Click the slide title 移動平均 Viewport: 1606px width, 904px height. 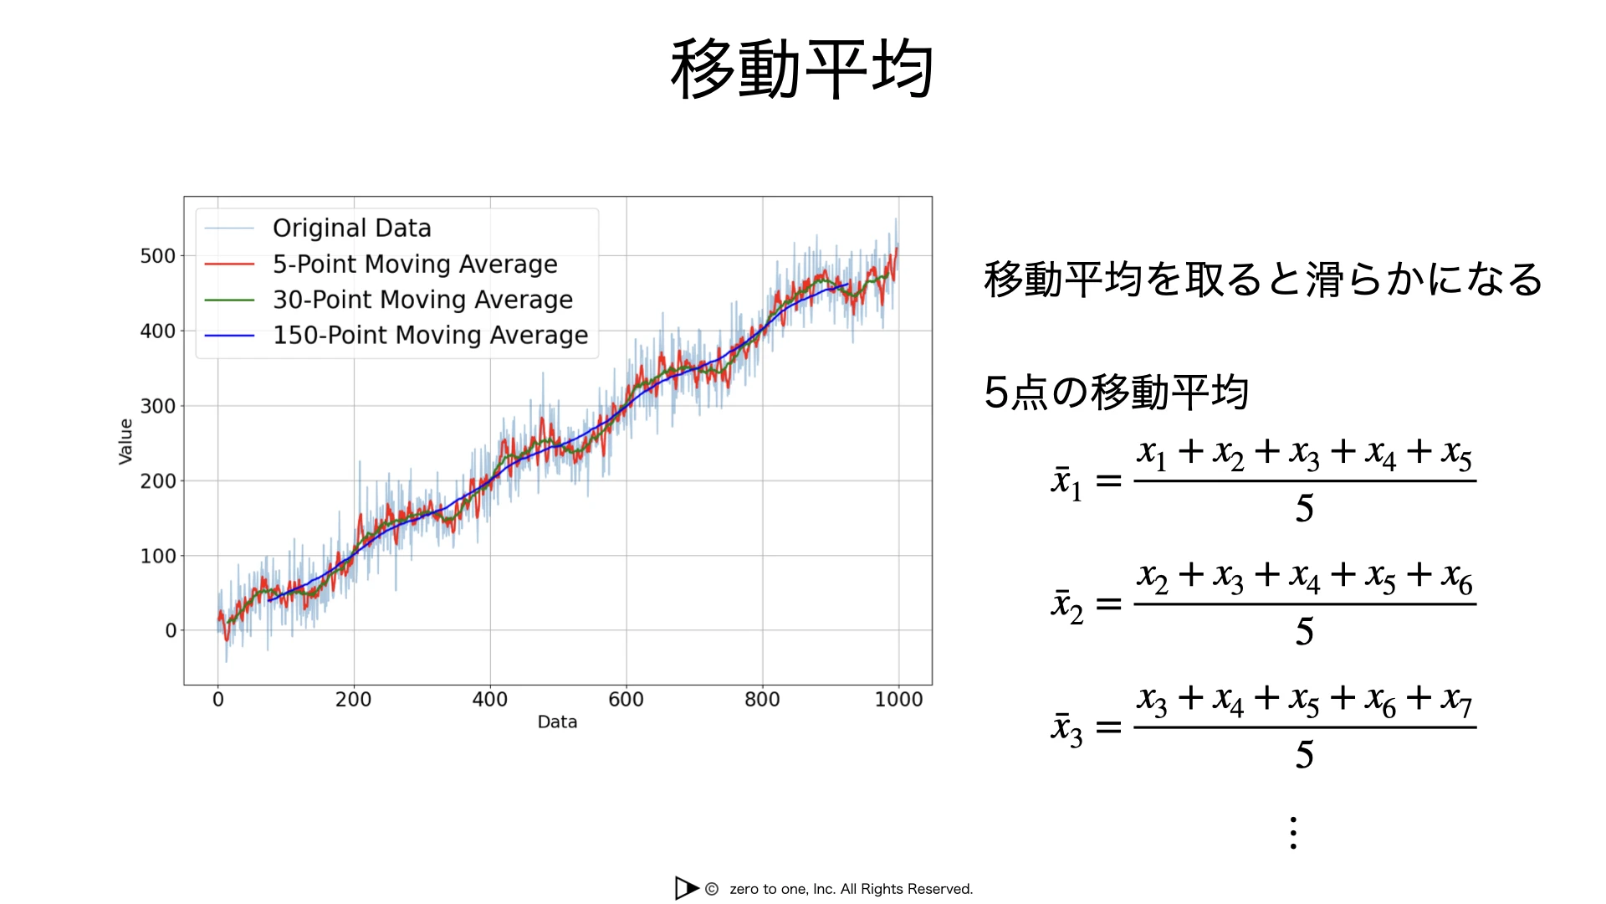pyautogui.click(x=801, y=69)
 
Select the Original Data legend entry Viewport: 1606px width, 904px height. pyautogui.click(x=351, y=228)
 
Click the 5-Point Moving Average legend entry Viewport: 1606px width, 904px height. pyautogui.click(x=415, y=264)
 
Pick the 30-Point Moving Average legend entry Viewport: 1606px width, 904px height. pyautogui.click(x=422, y=300)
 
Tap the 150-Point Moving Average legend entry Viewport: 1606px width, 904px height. pyautogui.click(x=430, y=335)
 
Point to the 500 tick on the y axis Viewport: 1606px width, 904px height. pyautogui.click(x=158, y=256)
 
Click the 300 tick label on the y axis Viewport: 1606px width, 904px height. pyautogui.click(x=158, y=406)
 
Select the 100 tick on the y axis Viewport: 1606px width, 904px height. pyautogui.click(x=158, y=556)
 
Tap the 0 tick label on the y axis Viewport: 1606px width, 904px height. pyautogui.click(x=171, y=630)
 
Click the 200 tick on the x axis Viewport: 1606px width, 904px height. pyautogui.click(x=354, y=699)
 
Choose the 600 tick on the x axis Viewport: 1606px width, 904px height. pyautogui.click(x=627, y=699)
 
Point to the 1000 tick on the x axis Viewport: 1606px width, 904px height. pyautogui.click(x=898, y=699)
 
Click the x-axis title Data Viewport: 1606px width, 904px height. pyautogui.click(x=557, y=722)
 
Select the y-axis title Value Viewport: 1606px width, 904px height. pyautogui.click(x=125, y=441)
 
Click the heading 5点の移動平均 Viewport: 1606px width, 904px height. pyautogui.click(x=1116, y=392)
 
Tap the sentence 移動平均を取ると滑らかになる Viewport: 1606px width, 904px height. pyautogui.click(x=1263, y=279)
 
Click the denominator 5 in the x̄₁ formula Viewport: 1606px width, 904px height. pyautogui.click(x=1304, y=508)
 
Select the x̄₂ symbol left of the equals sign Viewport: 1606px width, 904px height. pyautogui.click(x=1066, y=604)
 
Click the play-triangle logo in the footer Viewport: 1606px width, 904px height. pyautogui.click(x=686, y=888)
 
